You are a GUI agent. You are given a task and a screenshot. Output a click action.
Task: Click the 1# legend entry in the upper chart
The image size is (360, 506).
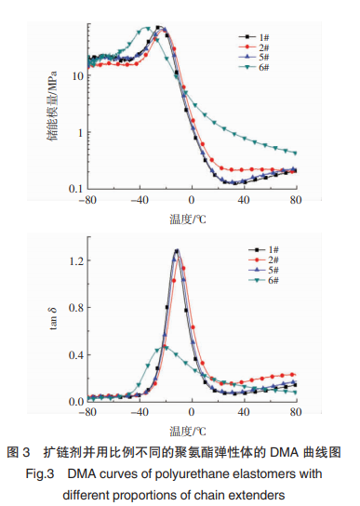[254, 37]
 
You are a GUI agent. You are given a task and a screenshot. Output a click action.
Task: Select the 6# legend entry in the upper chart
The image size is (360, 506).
[254, 67]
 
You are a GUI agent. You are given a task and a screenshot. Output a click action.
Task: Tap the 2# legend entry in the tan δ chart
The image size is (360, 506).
[263, 260]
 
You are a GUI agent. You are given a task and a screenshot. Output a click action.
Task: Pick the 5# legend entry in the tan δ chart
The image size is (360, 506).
[263, 270]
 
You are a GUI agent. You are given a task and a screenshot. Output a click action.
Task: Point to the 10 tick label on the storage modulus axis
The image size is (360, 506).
[77, 76]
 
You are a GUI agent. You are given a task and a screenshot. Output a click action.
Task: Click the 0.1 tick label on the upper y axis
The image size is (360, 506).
[76, 189]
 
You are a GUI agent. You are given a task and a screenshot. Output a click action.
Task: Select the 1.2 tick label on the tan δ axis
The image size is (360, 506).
[76, 260]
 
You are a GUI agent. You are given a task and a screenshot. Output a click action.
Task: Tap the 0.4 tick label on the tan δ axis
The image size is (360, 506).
[76, 355]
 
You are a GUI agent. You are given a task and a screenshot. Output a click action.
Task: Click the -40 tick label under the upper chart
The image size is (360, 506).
[140, 200]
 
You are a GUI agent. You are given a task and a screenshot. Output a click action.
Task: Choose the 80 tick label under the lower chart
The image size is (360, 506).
[296, 412]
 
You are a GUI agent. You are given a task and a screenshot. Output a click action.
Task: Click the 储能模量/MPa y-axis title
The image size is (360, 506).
[53, 106]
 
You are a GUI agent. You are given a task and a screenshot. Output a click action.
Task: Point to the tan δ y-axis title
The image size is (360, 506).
[53, 319]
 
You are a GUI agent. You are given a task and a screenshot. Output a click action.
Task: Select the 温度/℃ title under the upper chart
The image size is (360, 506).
[188, 220]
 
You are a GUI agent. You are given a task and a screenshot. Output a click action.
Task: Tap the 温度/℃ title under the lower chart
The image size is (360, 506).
[188, 432]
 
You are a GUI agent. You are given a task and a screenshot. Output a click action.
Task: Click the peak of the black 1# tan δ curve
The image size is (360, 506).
[177, 250]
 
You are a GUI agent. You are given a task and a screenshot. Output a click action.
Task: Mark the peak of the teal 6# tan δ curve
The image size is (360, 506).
[165, 347]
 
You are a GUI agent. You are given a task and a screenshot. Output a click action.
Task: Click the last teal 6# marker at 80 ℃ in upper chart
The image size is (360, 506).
[295, 153]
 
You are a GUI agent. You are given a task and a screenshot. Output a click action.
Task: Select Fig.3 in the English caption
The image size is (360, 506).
[40, 473]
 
